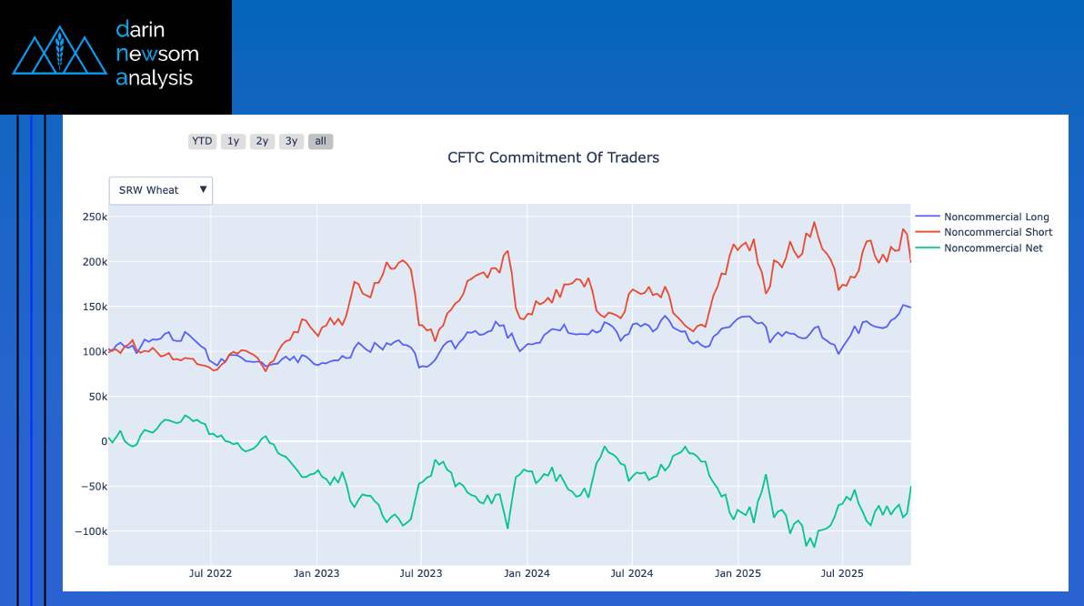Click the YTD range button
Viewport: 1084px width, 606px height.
(202, 141)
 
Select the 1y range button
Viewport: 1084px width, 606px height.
(233, 141)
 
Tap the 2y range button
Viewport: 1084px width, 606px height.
(262, 141)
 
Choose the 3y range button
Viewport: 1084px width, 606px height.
(291, 141)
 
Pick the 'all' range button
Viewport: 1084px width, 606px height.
(320, 141)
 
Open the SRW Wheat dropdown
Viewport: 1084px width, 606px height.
(160, 190)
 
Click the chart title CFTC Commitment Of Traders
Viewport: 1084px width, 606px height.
(553, 157)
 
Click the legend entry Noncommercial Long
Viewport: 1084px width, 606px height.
(996, 217)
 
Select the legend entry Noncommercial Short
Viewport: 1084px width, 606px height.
(998, 232)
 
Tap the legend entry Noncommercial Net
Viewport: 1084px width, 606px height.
(993, 247)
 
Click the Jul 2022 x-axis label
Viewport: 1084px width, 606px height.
(211, 573)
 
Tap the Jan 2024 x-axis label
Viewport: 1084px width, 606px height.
(527, 573)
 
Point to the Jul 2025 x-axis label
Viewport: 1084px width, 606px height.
(842, 573)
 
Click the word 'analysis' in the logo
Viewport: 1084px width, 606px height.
(155, 78)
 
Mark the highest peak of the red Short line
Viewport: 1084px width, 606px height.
(814, 222)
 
